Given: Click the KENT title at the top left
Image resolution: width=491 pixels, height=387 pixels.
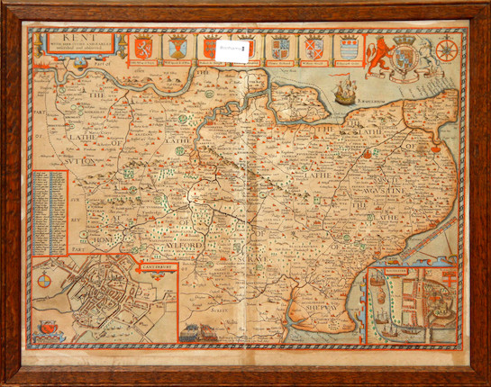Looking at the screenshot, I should pyautogui.click(x=70, y=38).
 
